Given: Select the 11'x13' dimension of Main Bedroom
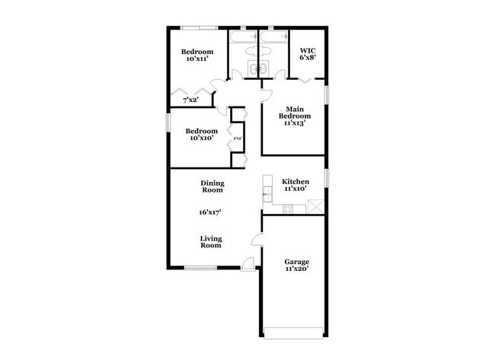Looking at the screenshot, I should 295,123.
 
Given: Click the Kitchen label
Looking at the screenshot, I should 295,182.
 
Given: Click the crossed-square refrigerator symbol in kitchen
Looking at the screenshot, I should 315,205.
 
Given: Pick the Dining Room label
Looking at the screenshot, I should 212,186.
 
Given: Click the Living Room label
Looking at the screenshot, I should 211,242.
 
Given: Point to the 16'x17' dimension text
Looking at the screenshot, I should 212,214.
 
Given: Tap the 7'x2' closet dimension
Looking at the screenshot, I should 190,100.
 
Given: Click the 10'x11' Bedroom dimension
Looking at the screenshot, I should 196,60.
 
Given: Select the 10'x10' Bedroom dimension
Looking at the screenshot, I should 201,139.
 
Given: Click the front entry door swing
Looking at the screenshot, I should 248,263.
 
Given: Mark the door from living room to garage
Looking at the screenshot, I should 257,241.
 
